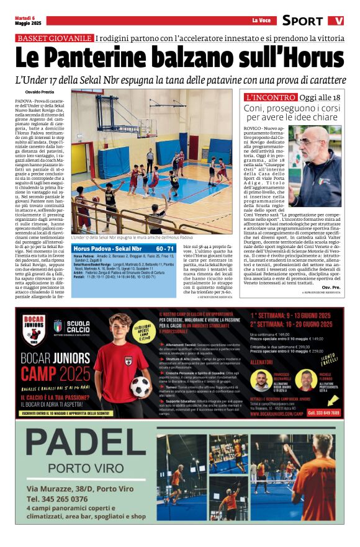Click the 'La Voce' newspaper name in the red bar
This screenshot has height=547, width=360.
click(261, 21)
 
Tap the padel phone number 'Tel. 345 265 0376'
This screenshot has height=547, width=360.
click(57, 498)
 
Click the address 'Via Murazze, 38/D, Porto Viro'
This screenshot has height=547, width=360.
click(79, 489)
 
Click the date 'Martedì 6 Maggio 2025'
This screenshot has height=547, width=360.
click(29, 20)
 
